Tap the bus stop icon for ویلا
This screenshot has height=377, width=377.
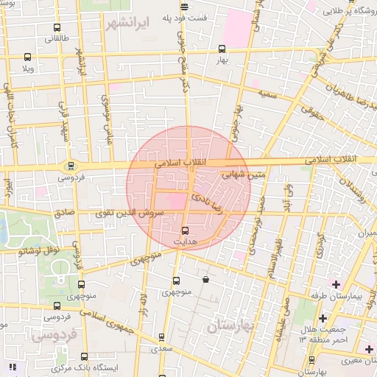(x=28, y=57)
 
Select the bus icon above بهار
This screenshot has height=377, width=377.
(x=222, y=49)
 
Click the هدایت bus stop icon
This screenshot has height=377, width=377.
(x=184, y=230)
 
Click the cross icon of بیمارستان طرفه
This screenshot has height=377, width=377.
(x=337, y=284)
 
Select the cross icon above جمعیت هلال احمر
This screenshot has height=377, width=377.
(x=323, y=318)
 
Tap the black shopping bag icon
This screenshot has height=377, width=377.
(x=205, y=279)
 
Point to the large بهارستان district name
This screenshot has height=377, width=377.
(x=230, y=325)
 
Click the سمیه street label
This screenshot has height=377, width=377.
(x=267, y=94)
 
